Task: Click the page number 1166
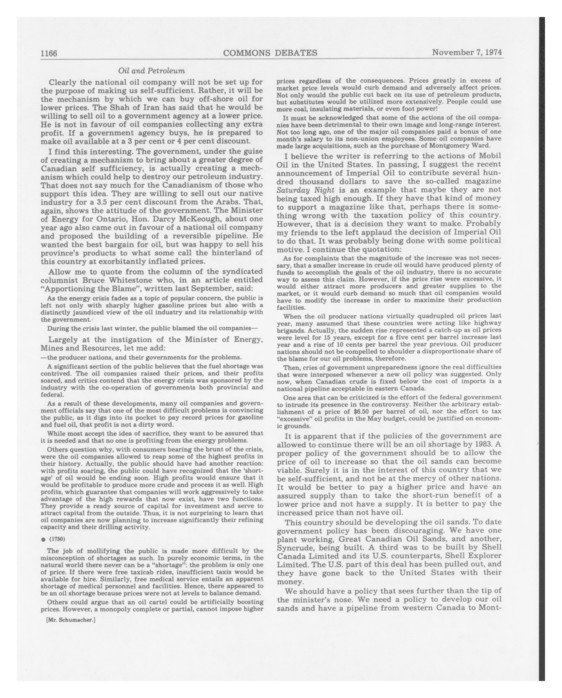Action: point(49,53)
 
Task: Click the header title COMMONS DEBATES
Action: point(270,53)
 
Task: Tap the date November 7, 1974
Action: point(467,52)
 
